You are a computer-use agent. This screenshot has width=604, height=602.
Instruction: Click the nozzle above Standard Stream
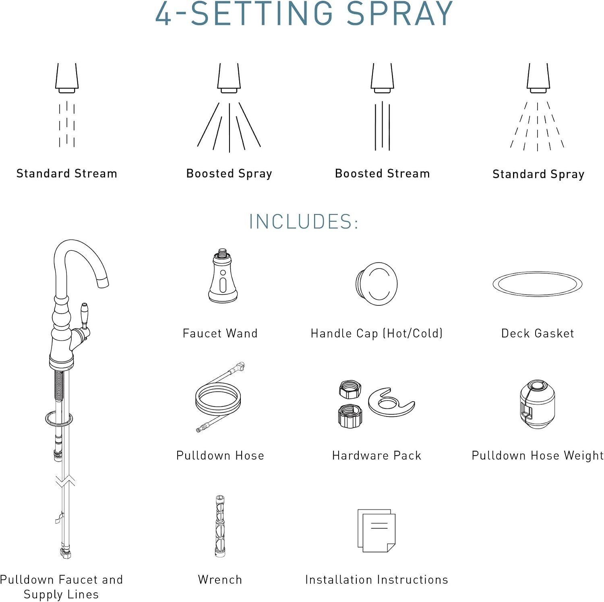pos(67,78)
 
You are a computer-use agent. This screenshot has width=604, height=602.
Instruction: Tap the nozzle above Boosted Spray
pos(229,78)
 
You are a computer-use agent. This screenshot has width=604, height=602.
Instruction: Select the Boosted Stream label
pos(383,173)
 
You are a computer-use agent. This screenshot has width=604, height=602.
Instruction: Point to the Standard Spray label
pos(538,174)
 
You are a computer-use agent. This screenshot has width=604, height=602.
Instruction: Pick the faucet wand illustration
pos(223,276)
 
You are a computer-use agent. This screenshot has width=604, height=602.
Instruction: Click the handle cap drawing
pos(376,283)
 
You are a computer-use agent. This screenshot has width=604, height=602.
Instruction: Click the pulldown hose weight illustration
pos(537,404)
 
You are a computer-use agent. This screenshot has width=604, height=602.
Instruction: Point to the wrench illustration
pos(220,526)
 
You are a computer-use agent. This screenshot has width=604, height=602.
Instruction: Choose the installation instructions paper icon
pos(376,531)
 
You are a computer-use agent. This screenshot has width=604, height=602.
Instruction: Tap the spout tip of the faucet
pos(103,282)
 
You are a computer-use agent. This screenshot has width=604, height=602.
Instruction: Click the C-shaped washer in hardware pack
pos(391,402)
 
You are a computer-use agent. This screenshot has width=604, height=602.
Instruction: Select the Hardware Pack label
pos(376,456)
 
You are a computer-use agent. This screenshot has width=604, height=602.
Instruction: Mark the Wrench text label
pos(220,579)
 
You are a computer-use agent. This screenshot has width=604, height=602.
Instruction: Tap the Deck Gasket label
pos(538,333)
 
